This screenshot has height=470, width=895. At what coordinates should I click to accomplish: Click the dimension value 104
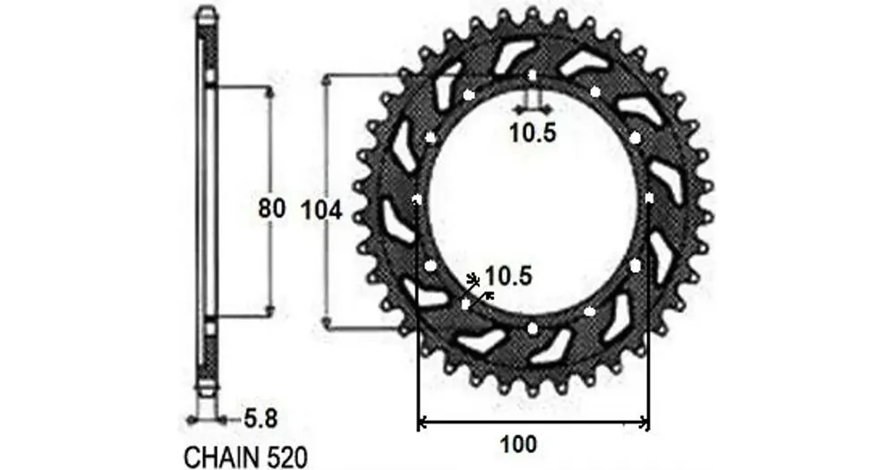[x=321, y=211]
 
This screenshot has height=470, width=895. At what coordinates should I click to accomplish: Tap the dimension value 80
[x=272, y=209]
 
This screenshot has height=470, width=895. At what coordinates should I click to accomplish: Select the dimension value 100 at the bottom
[x=518, y=444]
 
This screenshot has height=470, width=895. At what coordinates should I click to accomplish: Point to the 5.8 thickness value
[x=260, y=419]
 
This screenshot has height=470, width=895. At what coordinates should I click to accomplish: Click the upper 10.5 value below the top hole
[x=532, y=133]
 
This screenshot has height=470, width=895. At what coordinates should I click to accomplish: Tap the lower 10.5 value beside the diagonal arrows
[x=508, y=277]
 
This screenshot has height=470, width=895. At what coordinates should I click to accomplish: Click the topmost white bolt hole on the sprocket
[x=532, y=75]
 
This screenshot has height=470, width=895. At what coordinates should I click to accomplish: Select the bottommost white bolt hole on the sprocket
[x=533, y=329]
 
